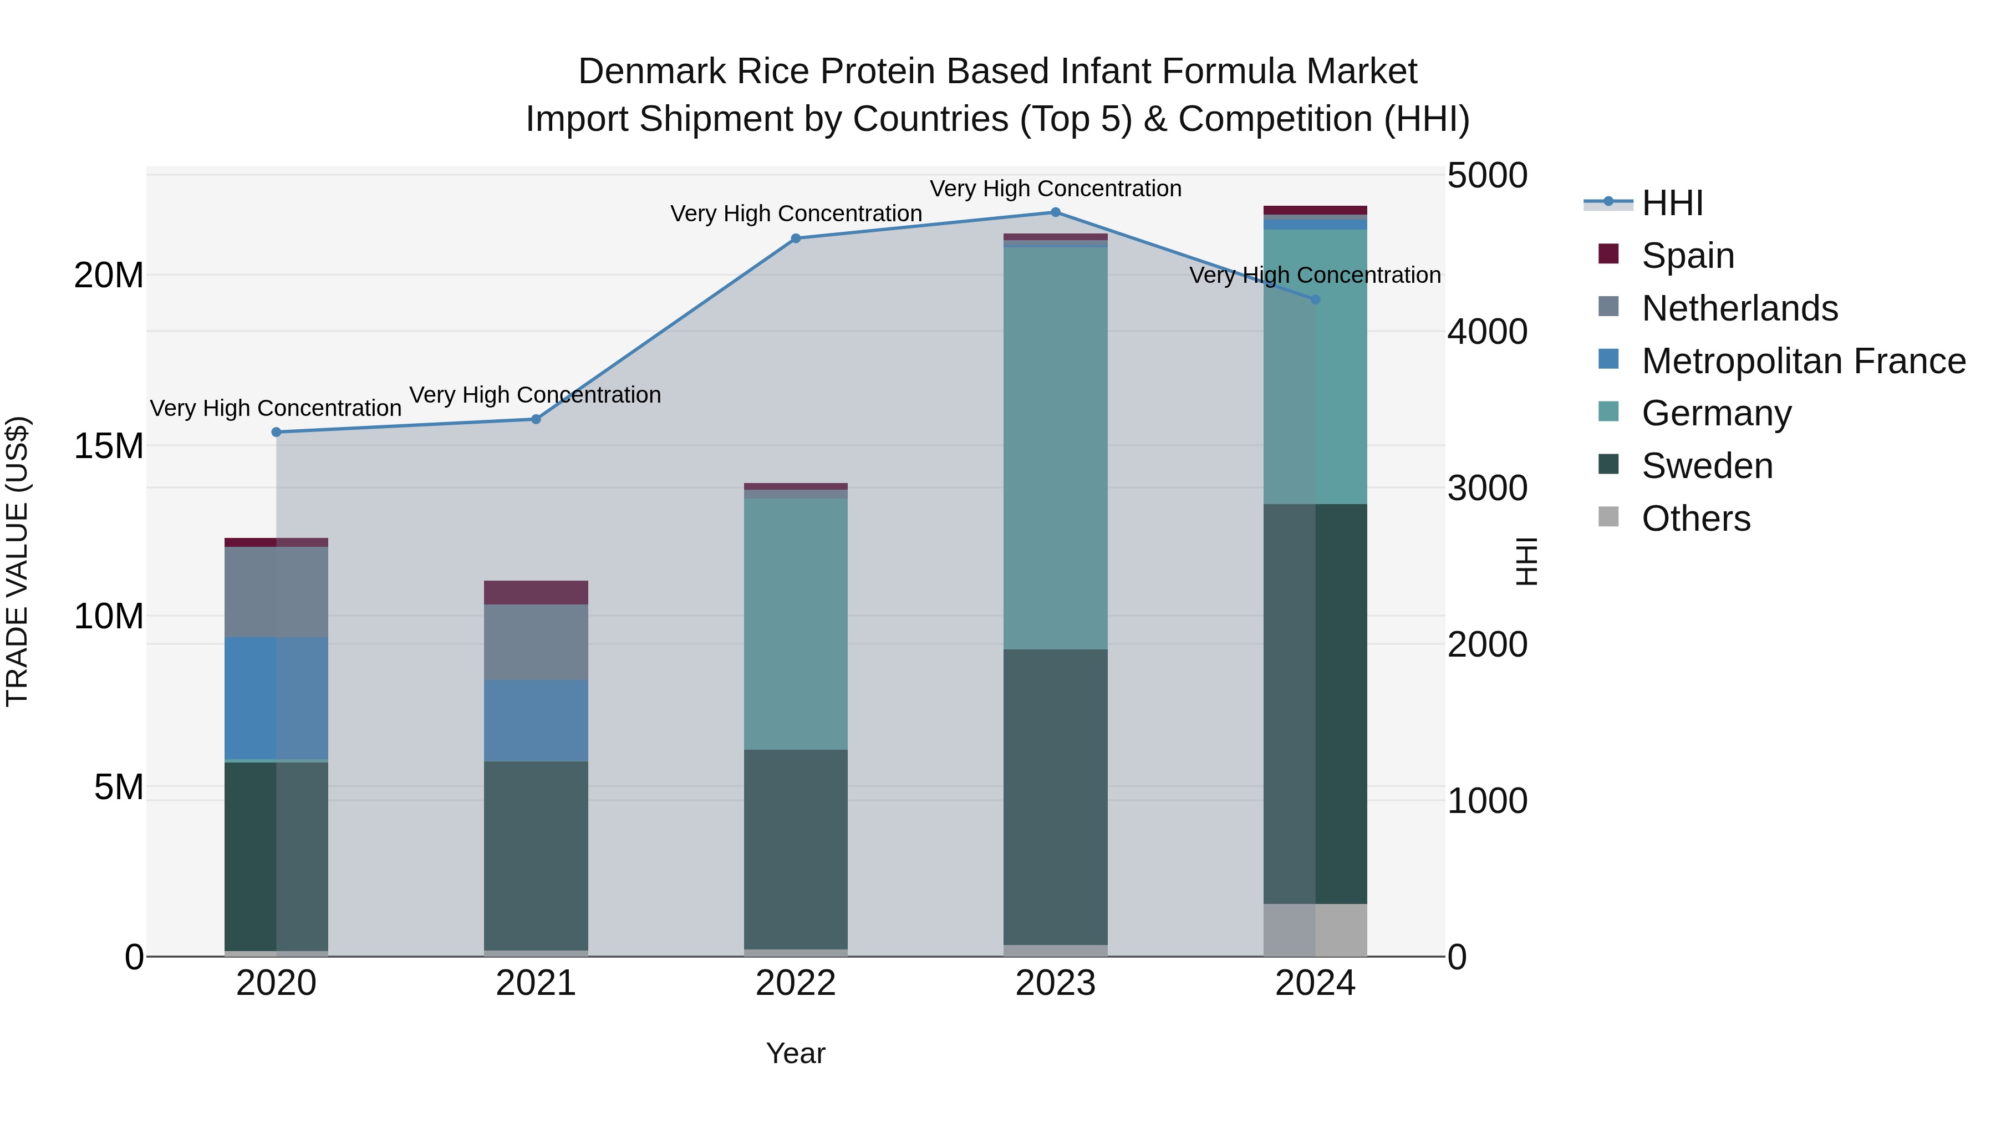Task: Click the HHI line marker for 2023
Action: point(1055,212)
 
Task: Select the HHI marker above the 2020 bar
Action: point(277,433)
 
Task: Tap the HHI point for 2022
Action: point(796,238)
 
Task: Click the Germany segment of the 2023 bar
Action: point(1055,448)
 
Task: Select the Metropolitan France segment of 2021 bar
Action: point(536,721)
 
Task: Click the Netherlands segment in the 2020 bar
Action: point(277,592)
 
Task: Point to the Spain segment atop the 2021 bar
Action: point(536,592)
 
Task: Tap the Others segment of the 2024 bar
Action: point(1315,930)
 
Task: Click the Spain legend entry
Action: point(1688,256)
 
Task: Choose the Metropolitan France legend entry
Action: point(1803,361)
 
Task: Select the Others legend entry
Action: point(1695,519)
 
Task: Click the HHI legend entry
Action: point(1672,203)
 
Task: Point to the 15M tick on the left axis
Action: point(109,446)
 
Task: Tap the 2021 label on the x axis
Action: point(536,983)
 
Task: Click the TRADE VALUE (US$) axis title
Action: point(17,561)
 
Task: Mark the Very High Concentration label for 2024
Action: point(1315,275)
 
